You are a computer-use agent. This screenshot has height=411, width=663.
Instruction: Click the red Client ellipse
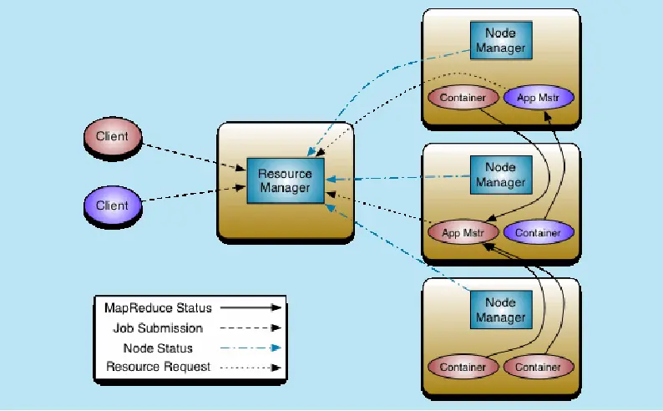112,136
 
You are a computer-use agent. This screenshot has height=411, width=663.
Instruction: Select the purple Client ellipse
112,205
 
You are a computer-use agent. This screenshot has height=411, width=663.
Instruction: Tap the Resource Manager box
285,181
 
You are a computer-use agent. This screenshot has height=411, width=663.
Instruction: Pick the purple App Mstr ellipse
539,98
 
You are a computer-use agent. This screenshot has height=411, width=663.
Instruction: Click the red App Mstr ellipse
462,232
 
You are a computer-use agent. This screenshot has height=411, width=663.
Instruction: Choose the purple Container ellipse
539,232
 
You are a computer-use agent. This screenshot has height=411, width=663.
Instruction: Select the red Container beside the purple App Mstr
462,98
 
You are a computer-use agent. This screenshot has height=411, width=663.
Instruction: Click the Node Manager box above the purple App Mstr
500,41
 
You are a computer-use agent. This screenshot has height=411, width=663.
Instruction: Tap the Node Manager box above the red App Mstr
500,175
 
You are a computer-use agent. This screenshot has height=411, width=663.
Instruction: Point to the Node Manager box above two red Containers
500,310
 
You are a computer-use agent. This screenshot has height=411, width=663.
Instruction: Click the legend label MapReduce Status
158,307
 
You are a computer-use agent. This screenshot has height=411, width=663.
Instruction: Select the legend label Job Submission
158,328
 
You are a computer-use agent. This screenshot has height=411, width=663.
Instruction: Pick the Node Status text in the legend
158,348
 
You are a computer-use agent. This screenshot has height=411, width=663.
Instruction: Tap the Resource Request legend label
158,367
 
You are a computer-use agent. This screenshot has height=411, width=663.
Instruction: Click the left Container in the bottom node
462,367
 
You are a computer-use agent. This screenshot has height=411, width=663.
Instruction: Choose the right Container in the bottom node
539,367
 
